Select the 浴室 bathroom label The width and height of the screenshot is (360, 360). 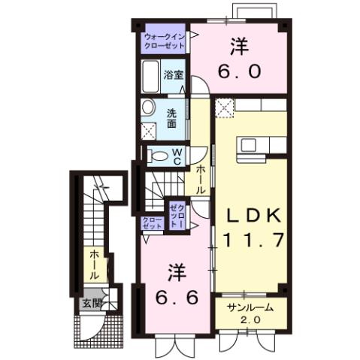pyautogui.click(x=173, y=76)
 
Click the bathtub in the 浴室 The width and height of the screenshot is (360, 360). pyautogui.click(x=150, y=77)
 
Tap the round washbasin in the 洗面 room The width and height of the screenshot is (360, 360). pyautogui.click(x=149, y=107)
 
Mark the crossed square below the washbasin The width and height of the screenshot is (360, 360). pyautogui.click(x=150, y=129)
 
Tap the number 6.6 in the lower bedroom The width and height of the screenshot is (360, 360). pyautogui.click(x=178, y=297)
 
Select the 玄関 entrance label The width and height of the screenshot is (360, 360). pyautogui.click(x=91, y=304)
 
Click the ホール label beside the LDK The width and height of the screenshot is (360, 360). pyautogui.click(x=201, y=181)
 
